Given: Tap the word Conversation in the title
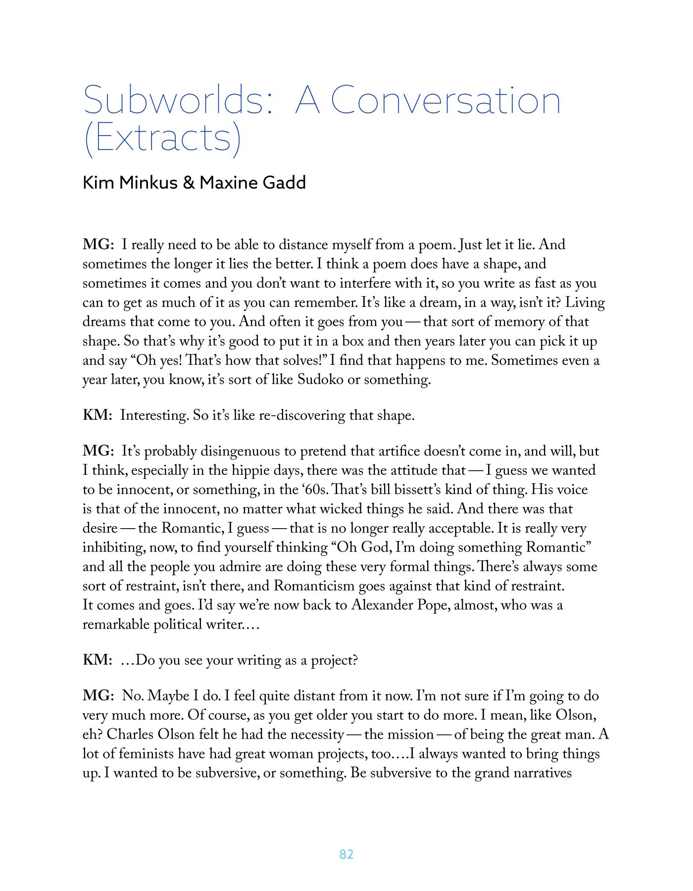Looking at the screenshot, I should pyautogui.click(x=445, y=100).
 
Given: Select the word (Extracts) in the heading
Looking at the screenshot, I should pyautogui.click(x=162, y=138).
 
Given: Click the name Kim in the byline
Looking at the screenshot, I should pyautogui.click(x=99, y=183).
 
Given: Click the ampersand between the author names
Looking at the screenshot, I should pyautogui.click(x=189, y=183).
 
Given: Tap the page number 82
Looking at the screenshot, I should pyautogui.click(x=346, y=854).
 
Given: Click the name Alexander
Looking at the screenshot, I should pyautogui.click(x=383, y=605).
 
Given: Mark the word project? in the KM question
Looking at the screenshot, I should pyautogui.click(x=334, y=660).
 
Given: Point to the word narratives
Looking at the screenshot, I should pyautogui.click(x=543, y=773).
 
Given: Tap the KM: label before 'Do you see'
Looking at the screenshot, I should pyautogui.click(x=98, y=660).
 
